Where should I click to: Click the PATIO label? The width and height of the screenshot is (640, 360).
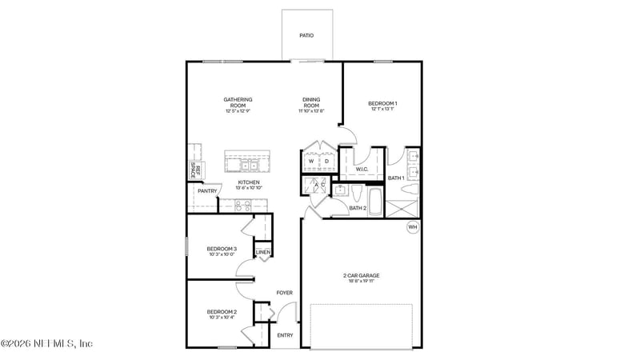pos(306,35)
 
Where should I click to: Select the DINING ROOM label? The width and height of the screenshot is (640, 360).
pos(311,102)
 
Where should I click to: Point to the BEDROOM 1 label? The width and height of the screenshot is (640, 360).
pos(382,103)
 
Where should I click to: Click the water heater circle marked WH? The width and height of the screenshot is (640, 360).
pos(413,227)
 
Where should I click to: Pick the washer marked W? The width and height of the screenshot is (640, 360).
pos(311,162)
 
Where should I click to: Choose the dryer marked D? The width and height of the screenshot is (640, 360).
pos(326,162)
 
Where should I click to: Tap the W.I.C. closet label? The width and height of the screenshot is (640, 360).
pos(361,169)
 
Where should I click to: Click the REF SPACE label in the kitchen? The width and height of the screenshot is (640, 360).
pos(194,170)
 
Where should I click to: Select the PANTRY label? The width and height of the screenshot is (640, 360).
pos(207,191)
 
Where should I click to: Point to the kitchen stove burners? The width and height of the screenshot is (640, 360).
pos(243,205)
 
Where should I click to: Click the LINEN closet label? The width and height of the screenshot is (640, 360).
pos(262,253)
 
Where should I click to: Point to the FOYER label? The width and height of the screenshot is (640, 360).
pos(284,293)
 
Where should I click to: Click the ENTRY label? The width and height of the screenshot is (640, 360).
pos(285,334)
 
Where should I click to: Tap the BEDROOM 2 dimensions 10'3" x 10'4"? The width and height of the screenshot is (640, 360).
pos(222,318)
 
